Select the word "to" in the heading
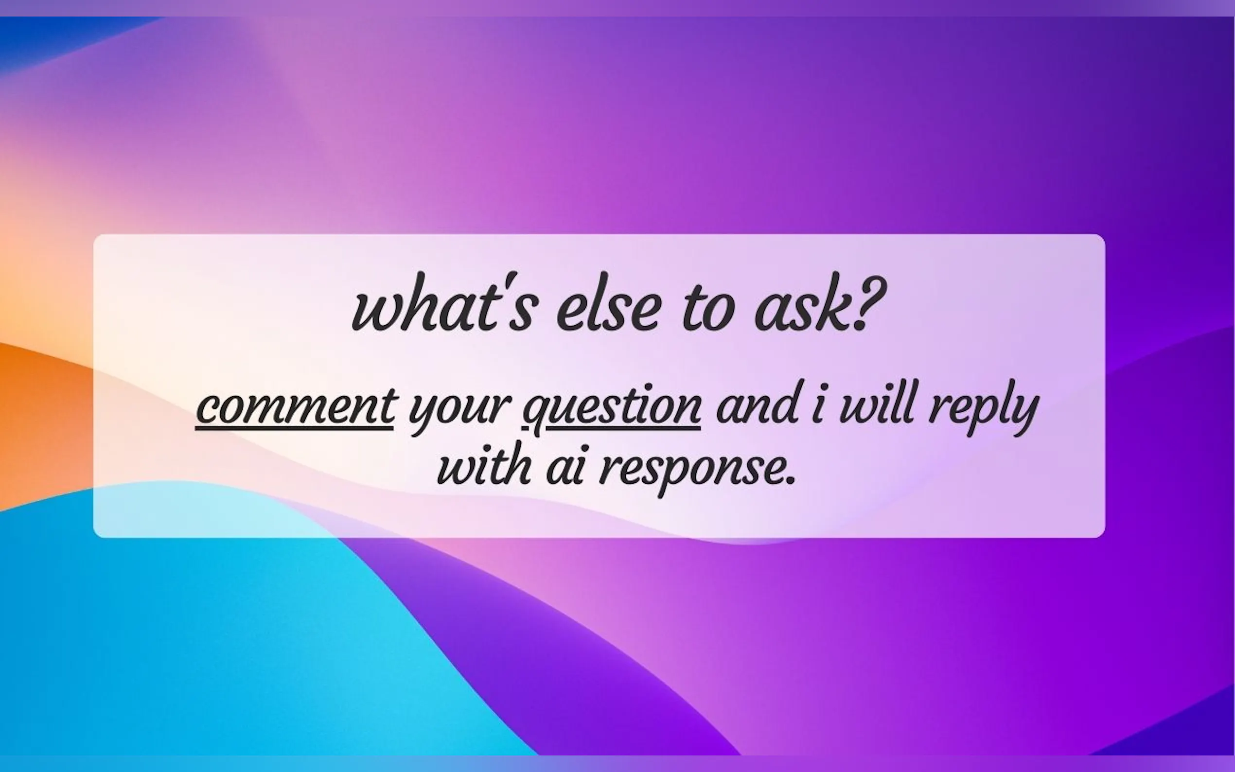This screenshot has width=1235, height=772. (708, 306)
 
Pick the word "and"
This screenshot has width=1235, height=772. (757, 404)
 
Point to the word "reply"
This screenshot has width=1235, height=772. (983, 408)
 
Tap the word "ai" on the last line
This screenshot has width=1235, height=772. (565, 467)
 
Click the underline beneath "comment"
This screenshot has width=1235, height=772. (295, 429)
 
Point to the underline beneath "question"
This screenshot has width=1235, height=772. (623, 429)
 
